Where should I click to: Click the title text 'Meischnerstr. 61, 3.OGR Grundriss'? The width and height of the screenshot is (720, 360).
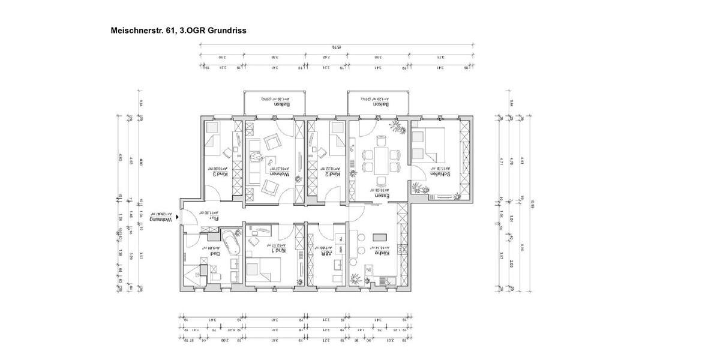coord(179,29)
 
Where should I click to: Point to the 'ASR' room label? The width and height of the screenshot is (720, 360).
coord(328,253)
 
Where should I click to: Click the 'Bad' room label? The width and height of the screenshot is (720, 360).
coord(213,253)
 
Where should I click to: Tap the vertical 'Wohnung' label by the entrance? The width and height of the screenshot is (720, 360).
coord(166,220)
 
